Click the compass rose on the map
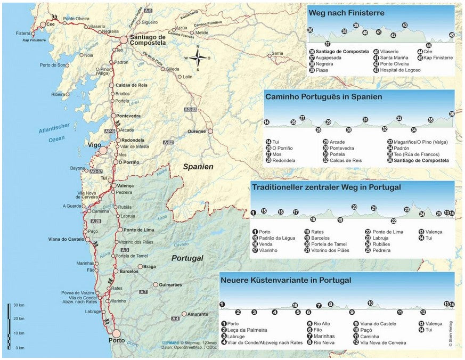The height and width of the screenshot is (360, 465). pyautogui.click(x=198, y=58)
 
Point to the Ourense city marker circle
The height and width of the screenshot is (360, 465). pyautogui.click(x=210, y=131)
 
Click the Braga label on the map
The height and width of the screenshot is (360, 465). pyautogui.click(x=150, y=267)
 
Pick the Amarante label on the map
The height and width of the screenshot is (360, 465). pyautogui.click(x=198, y=314)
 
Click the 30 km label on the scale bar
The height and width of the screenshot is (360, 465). pyautogui.click(x=19, y=305)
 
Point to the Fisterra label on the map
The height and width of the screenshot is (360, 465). pyautogui.click(x=23, y=34)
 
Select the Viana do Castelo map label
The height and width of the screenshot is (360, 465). pyautogui.click(x=66, y=240)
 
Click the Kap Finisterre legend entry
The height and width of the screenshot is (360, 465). pyautogui.click(x=438, y=58)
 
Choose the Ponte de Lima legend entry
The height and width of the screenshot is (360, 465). pyautogui.click(x=388, y=232)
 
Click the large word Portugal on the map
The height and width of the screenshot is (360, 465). pyautogui.click(x=187, y=258)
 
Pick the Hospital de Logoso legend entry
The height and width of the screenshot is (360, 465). pyautogui.click(x=400, y=70)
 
